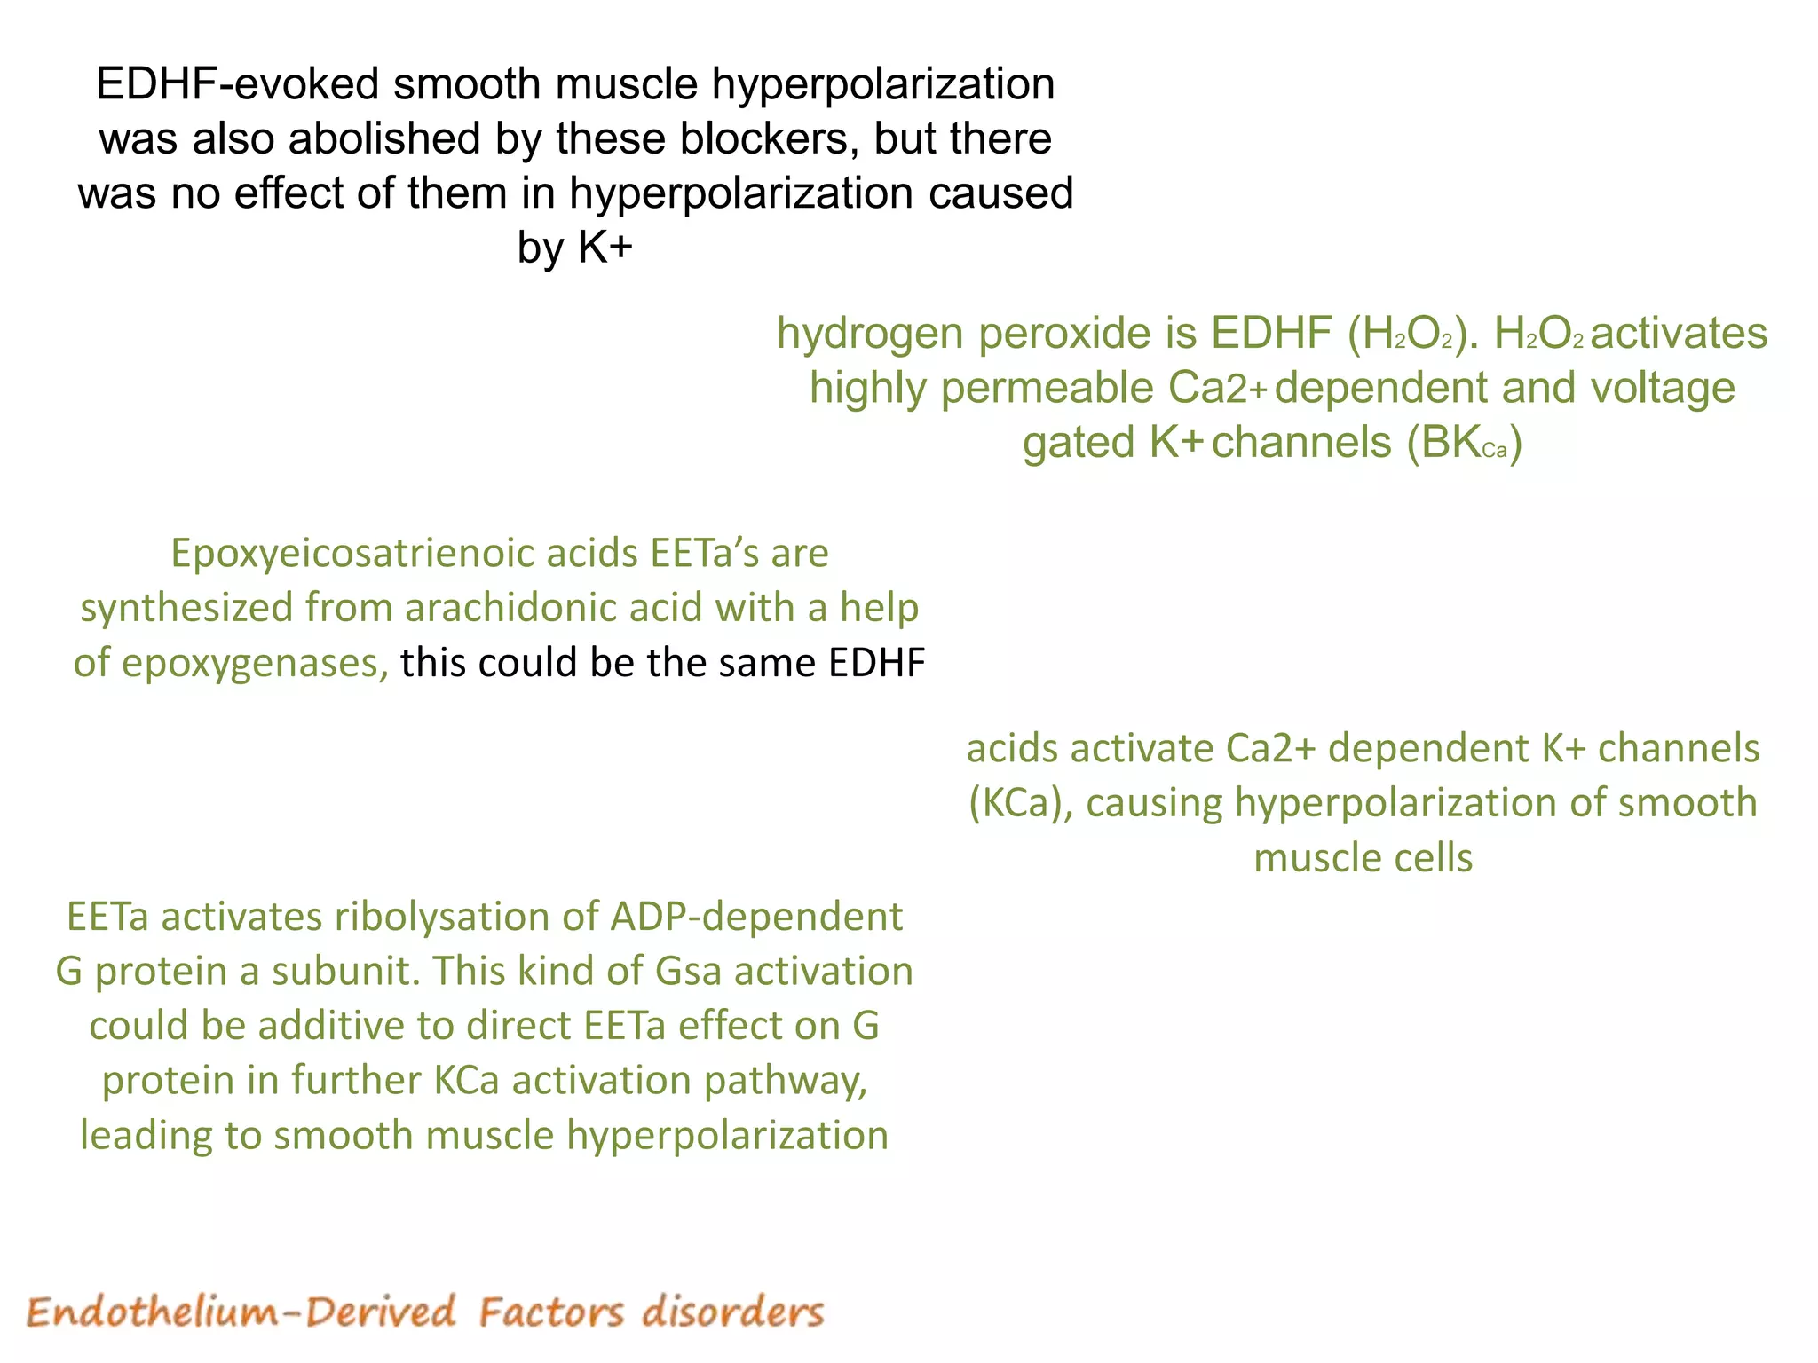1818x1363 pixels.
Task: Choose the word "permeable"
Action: coord(1047,389)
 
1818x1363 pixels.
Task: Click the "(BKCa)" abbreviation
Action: coord(1464,443)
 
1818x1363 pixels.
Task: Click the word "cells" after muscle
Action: coord(1435,858)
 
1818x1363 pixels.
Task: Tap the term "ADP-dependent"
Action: coord(756,918)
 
